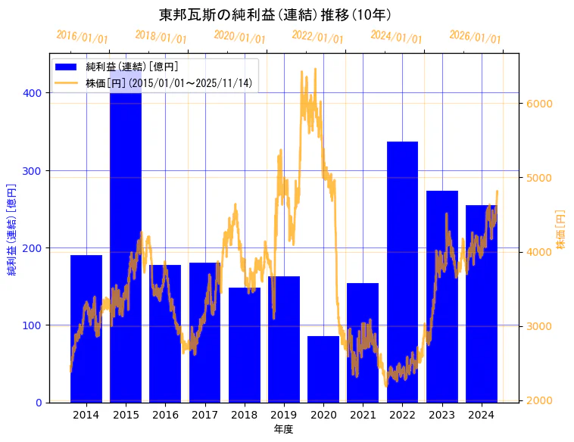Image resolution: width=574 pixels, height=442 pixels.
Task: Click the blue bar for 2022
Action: (402, 272)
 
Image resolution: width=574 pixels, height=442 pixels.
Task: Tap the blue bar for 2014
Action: (86, 328)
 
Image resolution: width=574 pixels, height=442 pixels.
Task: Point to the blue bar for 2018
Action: (245, 344)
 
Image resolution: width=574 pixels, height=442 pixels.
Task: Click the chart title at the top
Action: (276, 14)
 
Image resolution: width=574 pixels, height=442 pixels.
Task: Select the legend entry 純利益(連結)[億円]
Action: (133, 67)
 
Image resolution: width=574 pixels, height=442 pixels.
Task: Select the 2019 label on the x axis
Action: (284, 415)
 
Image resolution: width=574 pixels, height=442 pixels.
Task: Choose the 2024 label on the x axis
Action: (482, 415)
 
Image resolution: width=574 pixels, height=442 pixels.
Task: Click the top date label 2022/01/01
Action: (318, 36)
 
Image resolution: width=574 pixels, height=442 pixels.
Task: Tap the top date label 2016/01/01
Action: (82, 36)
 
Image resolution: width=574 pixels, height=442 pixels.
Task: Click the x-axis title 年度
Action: (284, 429)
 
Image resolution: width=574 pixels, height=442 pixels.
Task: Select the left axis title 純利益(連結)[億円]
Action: (11, 229)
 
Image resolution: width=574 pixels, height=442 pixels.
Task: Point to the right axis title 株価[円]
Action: (561, 229)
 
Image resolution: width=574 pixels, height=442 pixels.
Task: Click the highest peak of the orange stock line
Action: (303, 70)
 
